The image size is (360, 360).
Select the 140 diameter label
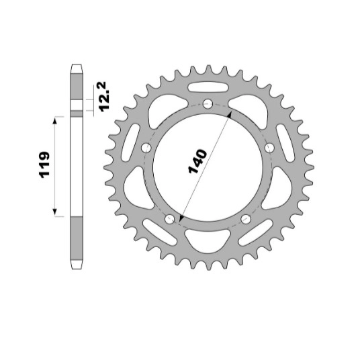tap(197, 161)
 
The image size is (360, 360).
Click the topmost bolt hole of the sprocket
tap(208, 103)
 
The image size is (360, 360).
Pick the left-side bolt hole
tap(146, 148)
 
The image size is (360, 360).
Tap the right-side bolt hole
tap(269, 148)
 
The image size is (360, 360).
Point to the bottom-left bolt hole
tap(170, 219)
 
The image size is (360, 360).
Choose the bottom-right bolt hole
tap(246, 219)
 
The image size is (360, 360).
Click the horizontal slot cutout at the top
tap(208, 87)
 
